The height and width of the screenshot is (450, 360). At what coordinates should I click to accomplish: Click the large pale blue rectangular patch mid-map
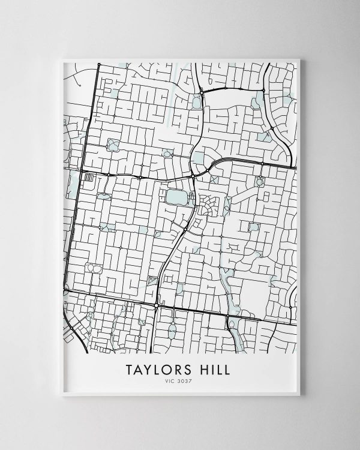coord(176,197)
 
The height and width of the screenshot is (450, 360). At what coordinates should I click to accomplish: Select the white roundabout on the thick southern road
coord(156,306)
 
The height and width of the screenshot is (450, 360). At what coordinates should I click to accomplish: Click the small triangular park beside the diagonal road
coord(151,280)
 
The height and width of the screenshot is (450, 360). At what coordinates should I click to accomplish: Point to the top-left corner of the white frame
coord(61,58)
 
